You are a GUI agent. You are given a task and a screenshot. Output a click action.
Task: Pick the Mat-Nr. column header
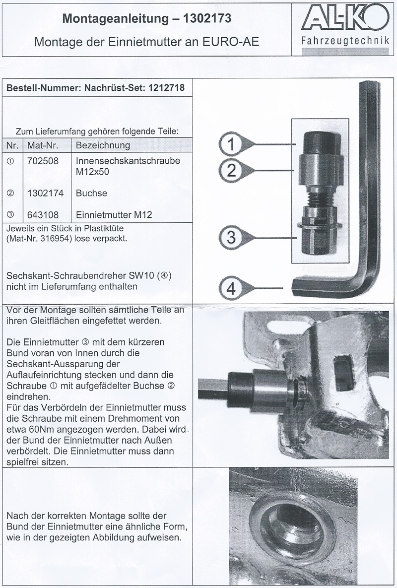47,145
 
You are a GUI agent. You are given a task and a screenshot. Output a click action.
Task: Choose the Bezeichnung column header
103,145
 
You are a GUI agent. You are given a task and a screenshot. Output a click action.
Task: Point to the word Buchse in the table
91,194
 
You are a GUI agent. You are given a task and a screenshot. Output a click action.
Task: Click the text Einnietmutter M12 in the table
114,215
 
